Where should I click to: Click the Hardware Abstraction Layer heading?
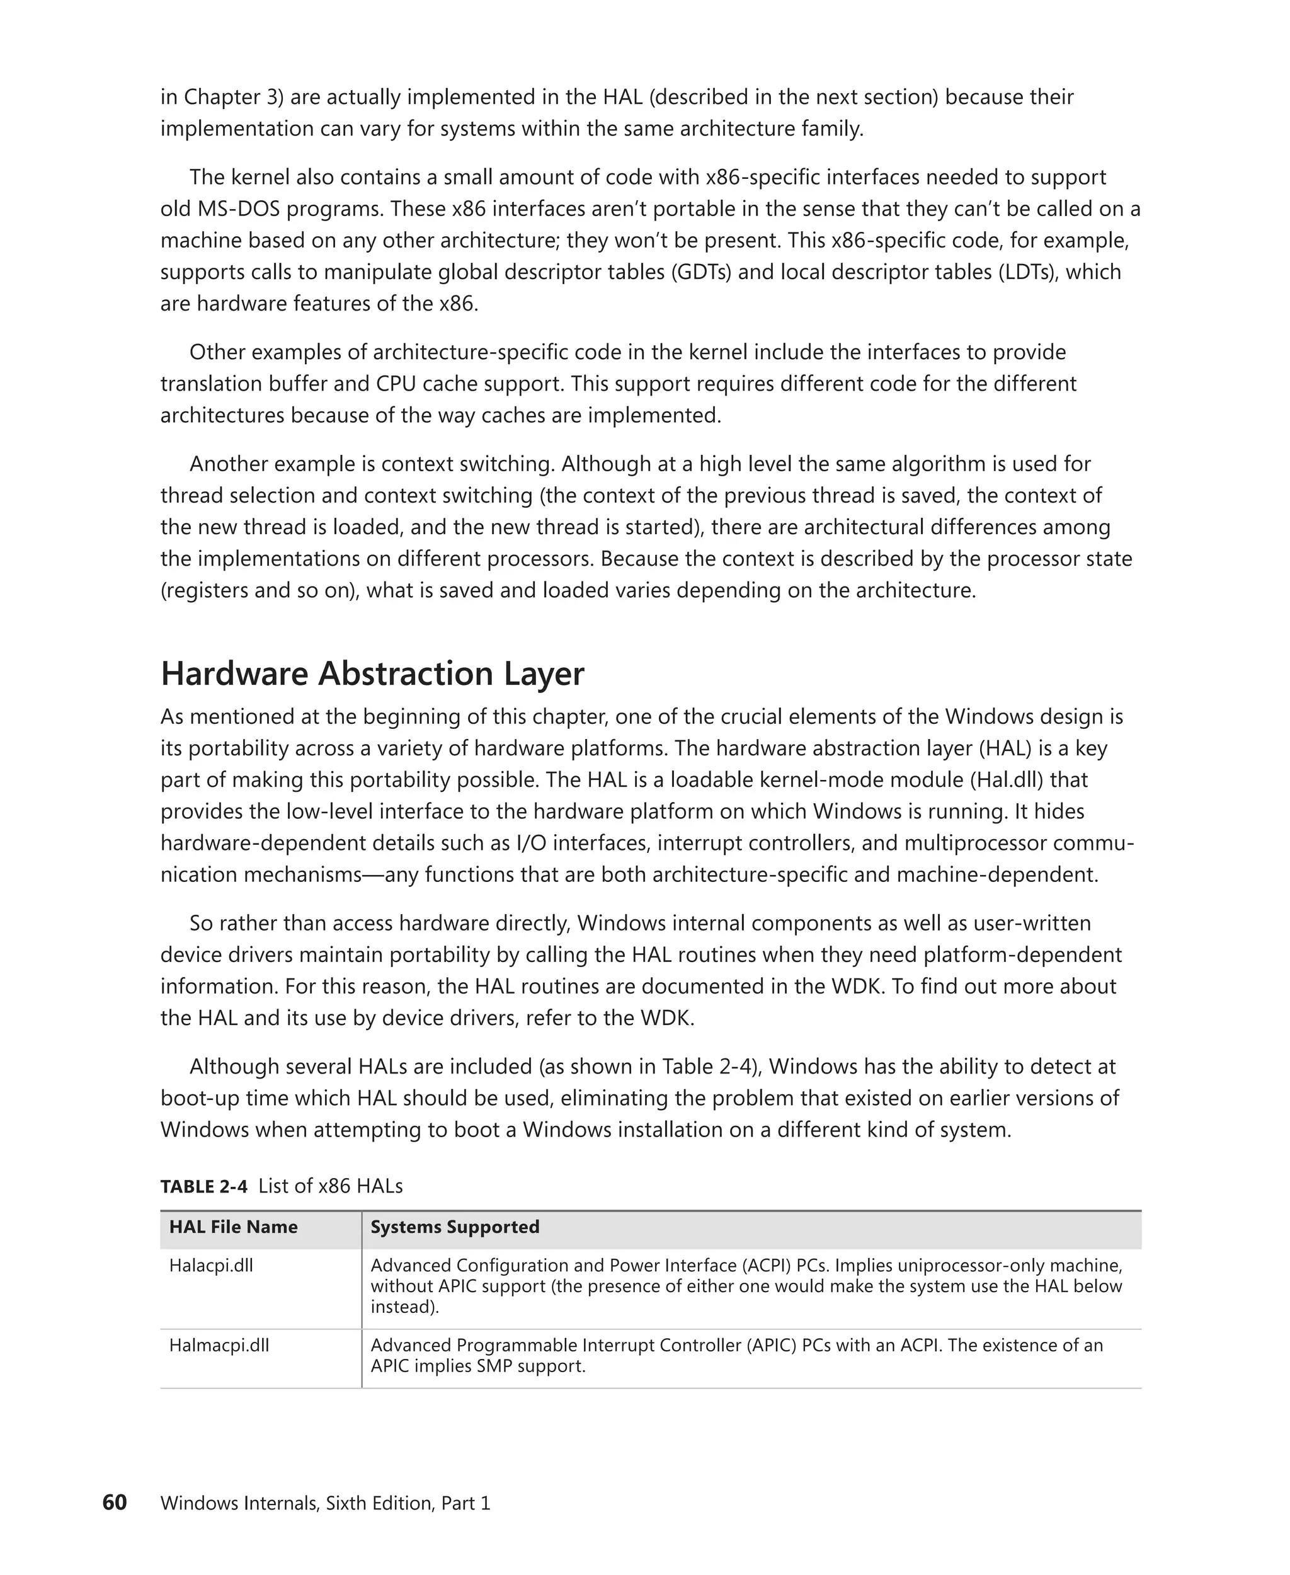[372, 673]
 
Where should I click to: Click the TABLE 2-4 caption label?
[203, 1186]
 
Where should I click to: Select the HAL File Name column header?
[233, 1227]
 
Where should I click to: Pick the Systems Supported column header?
[455, 1227]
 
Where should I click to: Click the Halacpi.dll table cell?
[211, 1265]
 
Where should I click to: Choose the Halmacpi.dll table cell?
[219, 1345]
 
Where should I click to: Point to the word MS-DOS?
[239, 209]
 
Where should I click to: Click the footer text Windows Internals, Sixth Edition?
[297, 1503]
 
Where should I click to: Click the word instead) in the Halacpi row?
[405, 1307]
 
